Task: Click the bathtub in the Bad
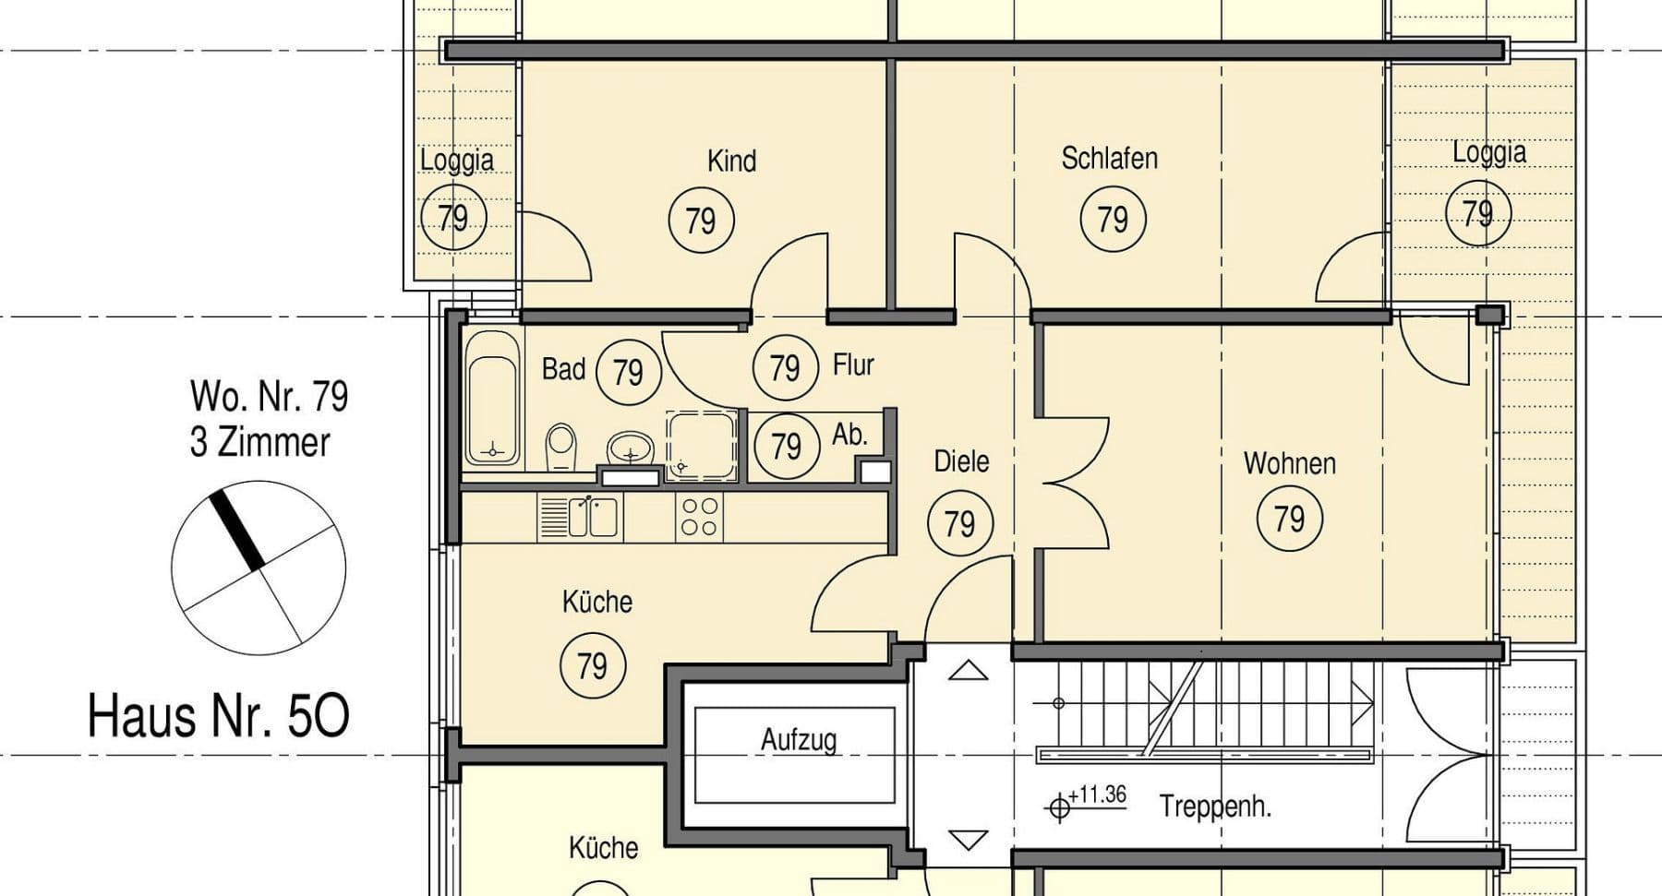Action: tap(491, 399)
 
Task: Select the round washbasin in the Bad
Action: tap(631, 449)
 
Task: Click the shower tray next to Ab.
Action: tap(702, 445)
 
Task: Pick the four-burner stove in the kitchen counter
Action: tap(699, 517)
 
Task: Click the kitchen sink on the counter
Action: tap(592, 517)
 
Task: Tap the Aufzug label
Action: tap(799, 739)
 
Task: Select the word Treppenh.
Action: tap(1215, 806)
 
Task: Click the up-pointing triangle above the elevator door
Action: tap(968, 671)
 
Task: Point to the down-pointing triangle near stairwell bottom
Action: tap(969, 840)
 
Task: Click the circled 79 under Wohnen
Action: tap(1289, 519)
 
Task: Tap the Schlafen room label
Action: tap(1109, 158)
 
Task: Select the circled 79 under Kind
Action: tap(701, 221)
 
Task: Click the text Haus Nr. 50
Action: tap(219, 716)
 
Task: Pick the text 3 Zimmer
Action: tap(259, 442)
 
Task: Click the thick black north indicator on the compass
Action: tap(237, 529)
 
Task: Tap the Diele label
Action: tap(961, 460)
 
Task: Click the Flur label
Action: tap(853, 364)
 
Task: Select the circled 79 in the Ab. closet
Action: tap(786, 447)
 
